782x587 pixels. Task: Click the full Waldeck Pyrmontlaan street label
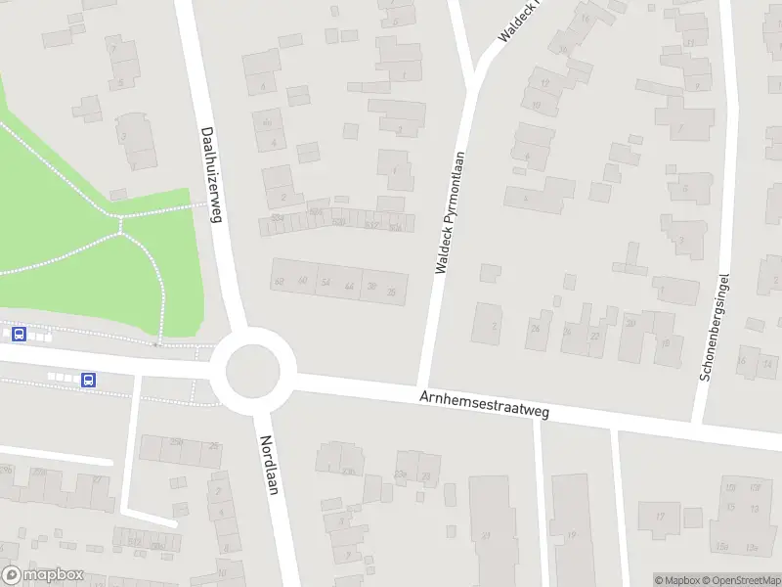(448, 211)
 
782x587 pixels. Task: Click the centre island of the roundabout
(253, 372)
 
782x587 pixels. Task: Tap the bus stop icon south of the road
(88, 380)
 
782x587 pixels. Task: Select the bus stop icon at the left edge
(18, 334)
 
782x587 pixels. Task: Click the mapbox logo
(42, 575)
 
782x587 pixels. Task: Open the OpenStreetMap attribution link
(741, 580)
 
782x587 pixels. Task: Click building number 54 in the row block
(326, 283)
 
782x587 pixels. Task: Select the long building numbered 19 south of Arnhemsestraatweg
(571, 534)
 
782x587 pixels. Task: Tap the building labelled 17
(660, 517)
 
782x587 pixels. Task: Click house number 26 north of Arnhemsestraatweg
(535, 328)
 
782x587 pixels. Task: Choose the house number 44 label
(349, 286)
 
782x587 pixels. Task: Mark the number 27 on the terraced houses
(594, 336)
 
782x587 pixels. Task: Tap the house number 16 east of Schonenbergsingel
(742, 361)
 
